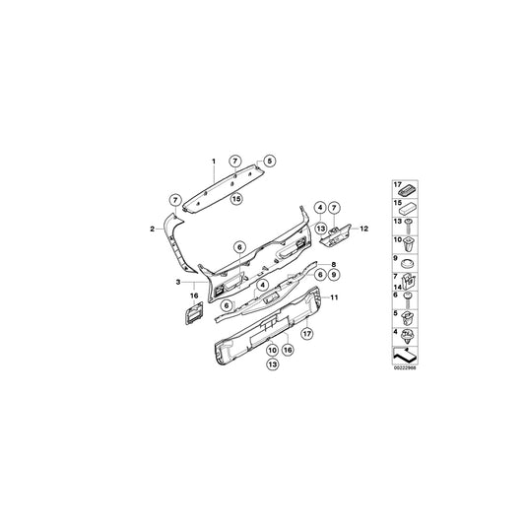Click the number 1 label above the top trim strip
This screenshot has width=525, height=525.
(x=210, y=159)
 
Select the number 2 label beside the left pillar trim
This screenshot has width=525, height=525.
(x=151, y=229)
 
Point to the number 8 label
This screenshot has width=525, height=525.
(x=334, y=265)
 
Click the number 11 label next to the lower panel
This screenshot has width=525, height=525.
(x=333, y=297)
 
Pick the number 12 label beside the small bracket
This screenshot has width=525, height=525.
(x=363, y=229)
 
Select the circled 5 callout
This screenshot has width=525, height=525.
(x=270, y=161)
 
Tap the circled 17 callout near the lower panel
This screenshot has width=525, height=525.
(x=307, y=335)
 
